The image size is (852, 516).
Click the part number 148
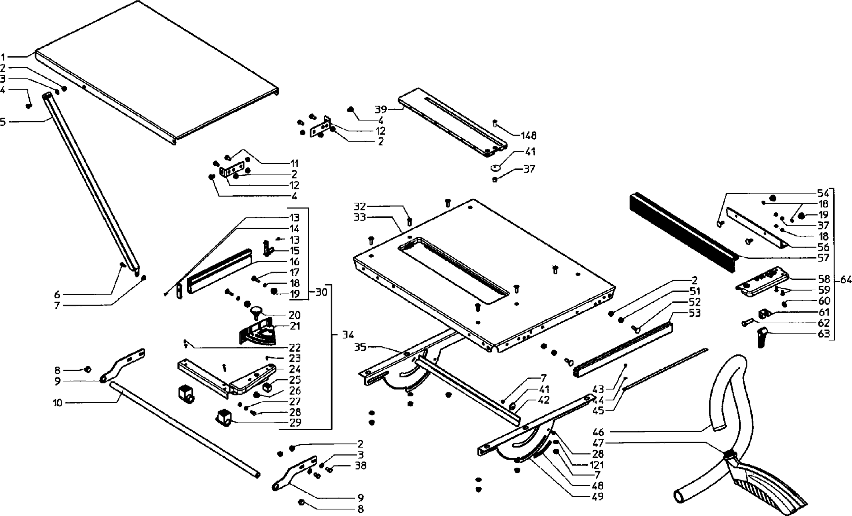pos(528,136)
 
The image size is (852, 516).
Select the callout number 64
pos(846,280)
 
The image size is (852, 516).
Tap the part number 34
pos(348,335)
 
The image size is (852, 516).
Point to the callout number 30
pos(321,292)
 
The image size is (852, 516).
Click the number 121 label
pos(597,465)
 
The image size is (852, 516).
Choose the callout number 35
pos(360,347)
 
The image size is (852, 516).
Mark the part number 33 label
pos(360,217)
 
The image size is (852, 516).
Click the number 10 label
pos(58,403)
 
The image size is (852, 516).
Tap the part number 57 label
pos(823,258)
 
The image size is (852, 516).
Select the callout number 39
pos(380,109)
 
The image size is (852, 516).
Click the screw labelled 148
pos(495,123)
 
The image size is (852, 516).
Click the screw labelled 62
pos(746,323)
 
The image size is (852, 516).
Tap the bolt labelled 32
pos(410,221)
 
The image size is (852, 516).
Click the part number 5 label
pos(3,121)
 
